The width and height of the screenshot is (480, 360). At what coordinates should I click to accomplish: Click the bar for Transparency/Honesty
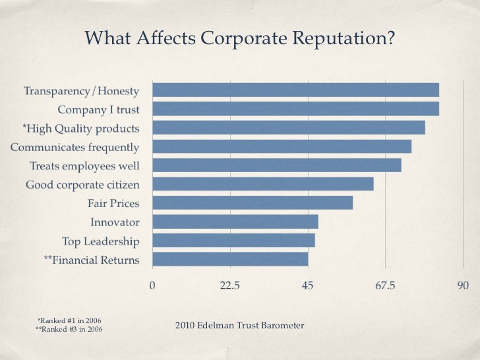[295, 90]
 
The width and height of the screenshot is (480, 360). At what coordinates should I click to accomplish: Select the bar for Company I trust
[295, 109]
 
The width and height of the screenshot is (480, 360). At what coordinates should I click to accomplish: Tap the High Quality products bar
[289, 127]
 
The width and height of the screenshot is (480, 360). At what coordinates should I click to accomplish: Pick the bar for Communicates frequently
[282, 146]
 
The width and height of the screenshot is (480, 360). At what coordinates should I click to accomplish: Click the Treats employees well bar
[277, 165]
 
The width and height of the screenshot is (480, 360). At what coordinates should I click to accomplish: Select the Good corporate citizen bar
[263, 184]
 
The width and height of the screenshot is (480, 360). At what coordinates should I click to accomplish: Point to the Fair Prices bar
[253, 202]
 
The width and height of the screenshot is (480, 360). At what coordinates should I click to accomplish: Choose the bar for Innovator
[235, 222]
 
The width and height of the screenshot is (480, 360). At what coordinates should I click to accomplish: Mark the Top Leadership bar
[233, 240]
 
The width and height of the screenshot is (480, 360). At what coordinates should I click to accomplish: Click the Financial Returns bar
[230, 259]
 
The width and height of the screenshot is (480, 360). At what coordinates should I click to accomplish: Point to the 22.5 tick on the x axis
[229, 285]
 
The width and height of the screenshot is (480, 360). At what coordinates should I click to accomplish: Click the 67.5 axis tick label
[385, 285]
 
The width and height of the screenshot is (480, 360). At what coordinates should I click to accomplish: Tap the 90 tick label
[463, 285]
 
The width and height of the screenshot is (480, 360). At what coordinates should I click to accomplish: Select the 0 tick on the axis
[153, 285]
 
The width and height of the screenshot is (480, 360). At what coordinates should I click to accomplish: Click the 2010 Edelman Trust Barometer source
[239, 326]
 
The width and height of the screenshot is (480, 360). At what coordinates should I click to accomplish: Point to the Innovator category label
[115, 222]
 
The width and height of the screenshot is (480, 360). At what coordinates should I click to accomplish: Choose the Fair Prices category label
[113, 203]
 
